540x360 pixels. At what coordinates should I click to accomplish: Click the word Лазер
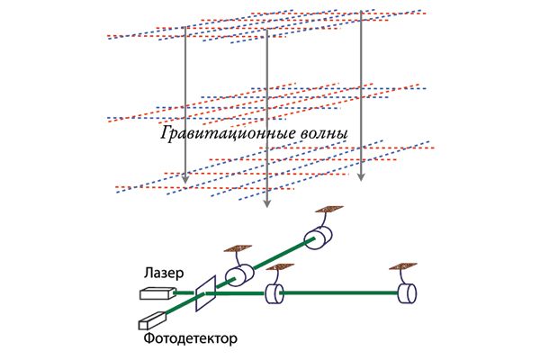point(163,273)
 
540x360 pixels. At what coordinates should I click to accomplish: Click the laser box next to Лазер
point(157,292)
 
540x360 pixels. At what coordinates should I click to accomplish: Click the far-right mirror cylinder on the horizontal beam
point(409,293)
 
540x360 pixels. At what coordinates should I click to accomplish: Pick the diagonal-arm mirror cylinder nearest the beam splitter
point(238,275)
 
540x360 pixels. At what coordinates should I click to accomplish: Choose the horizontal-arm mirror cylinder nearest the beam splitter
point(274,293)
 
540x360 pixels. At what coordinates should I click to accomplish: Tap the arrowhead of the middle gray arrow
point(265,204)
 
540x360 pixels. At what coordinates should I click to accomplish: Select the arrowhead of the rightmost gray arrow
point(361,176)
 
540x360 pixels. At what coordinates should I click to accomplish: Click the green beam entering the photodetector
point(180,309)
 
